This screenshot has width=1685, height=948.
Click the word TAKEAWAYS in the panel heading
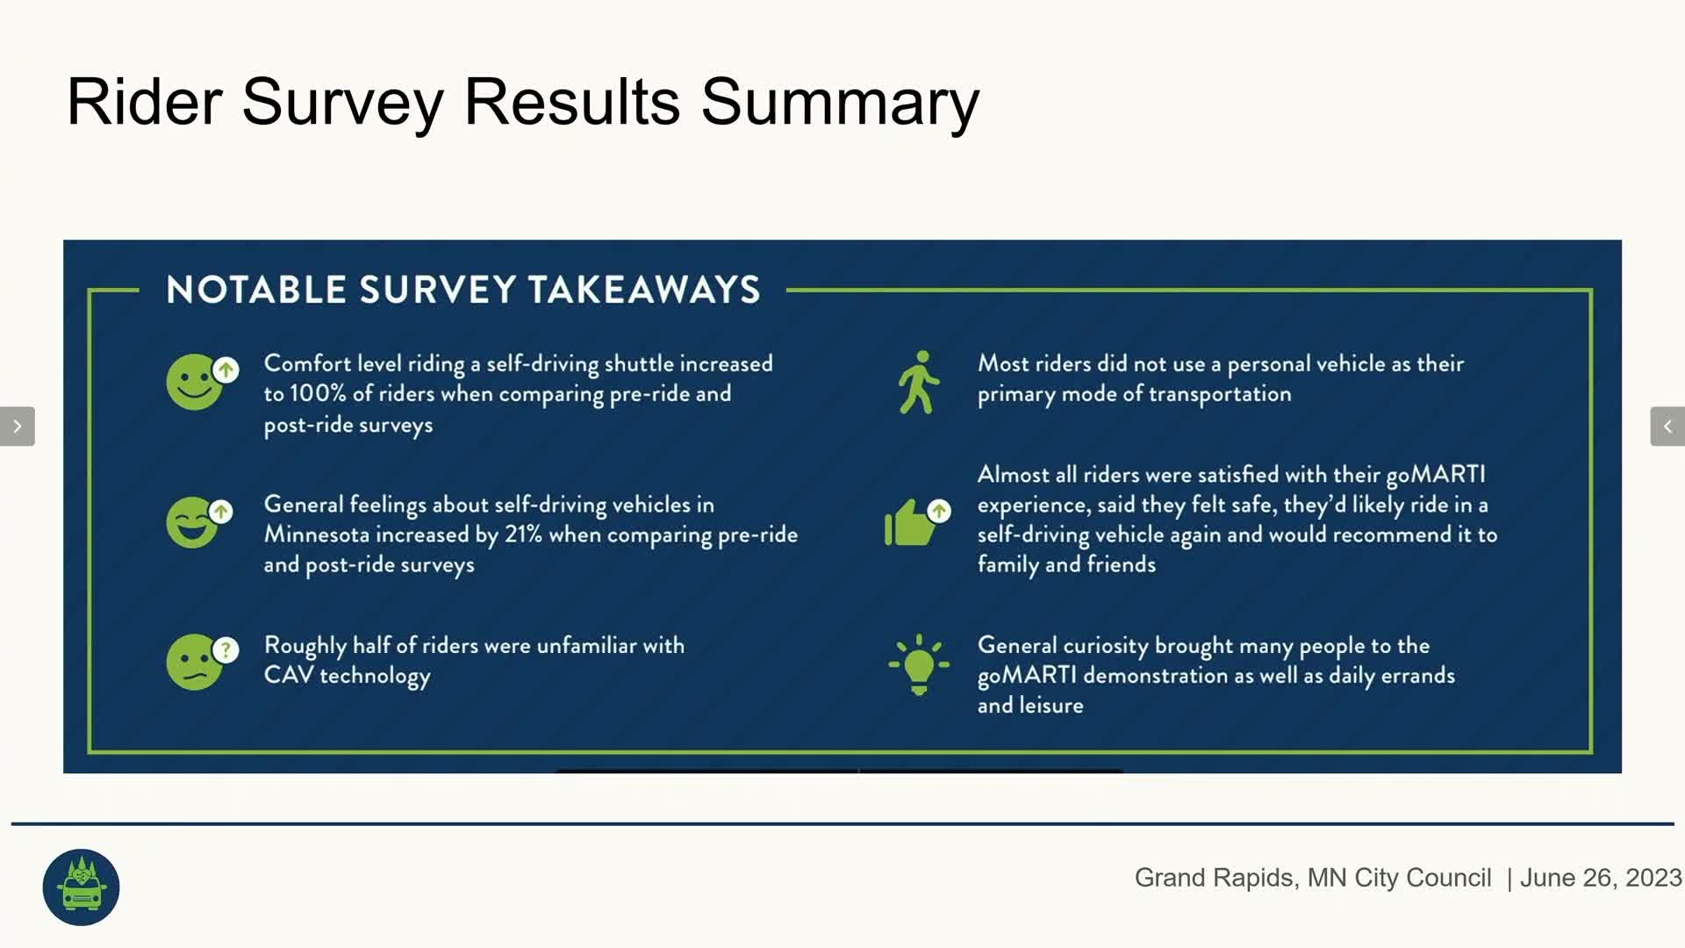(x=644, y=290)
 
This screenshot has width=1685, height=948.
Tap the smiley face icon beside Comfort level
(x=202, y=382)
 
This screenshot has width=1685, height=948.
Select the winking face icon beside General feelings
(x=199, y=522)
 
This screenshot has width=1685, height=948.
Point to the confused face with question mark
(x=202, y=662)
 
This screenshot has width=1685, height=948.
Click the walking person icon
(x=918, y=382)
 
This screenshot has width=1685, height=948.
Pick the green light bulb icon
(x=919, y=664)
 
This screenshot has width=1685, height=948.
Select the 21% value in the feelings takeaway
(x=523, y=534)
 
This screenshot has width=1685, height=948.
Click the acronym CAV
(x=289, y=675)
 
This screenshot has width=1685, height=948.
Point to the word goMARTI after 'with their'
(x=1436, y=475)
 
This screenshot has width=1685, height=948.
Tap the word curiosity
(x=1106, y=646)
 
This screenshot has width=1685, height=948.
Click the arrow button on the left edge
(x=18, y=427)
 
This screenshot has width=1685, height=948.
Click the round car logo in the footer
(x=81, y=887)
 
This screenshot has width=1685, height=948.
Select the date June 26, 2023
(x=1601, y=878)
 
